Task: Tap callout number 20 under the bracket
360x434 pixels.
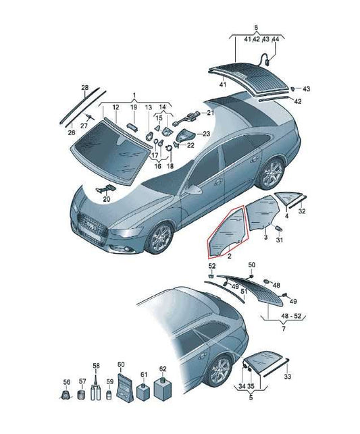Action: (x=107, y=198)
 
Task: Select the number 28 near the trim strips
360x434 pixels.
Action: (x=84, y=88)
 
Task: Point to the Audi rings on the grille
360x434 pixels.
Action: (x=91, y=224)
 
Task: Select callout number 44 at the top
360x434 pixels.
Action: (x=276, y=39)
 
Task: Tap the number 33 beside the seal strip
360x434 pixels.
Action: (x=288, y=377)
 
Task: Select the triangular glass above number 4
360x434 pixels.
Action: (x=287, y=198)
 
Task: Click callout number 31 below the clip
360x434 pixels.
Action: (x=280, y=240)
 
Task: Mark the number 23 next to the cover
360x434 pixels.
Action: (x=206, y=134)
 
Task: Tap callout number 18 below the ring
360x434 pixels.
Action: (x=170, y=166)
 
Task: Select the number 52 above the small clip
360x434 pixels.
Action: (x=212, y=266)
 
